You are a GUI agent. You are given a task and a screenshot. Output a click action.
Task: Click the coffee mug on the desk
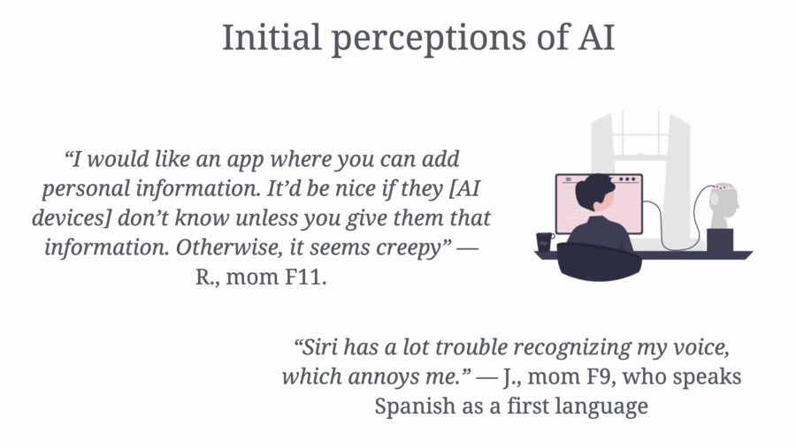tap(544, 241)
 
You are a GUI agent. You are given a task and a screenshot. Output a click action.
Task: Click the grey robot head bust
tap(724, 204)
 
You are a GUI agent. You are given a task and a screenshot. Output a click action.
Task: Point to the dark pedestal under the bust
tap(720, 239)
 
